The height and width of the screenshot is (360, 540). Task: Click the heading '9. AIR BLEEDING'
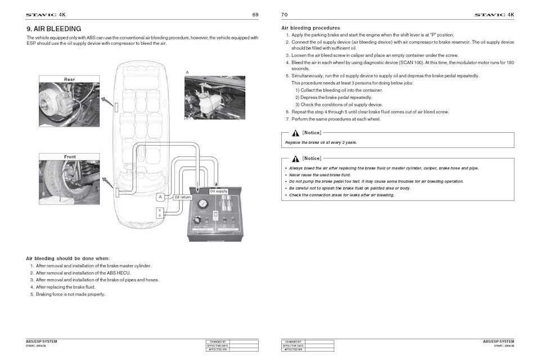pyautogui.click(x=54, y=29)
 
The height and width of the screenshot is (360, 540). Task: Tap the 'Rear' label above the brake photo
pyautogui.click(x=69, y=79)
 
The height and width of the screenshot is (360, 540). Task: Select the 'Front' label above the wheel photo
pyautogui.click(x=69, y=156)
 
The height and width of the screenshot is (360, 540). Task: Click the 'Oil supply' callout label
pyautogui.click(x=218, y=191)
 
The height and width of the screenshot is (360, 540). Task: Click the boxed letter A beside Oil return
pyautogui.click(x=160, y=197)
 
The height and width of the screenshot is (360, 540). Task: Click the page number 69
pyautogui.click(x=255, y=14)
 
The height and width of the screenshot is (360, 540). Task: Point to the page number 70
pyautogui.click(x=284, y=14)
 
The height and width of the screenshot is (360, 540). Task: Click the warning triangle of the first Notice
pyautogui.click(x=295, y=133)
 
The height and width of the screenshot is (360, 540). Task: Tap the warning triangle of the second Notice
pyautogui.click(x=295, y=158)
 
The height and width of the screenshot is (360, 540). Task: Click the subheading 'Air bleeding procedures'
pyautogui.click(x=310, y=28)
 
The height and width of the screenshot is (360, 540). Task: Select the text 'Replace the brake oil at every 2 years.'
pyautogui.click(x=321, y=142)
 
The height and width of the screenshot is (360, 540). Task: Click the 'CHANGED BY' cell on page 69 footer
pyautogui.click(x=217, y=341)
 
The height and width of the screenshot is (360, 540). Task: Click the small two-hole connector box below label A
pyautogui.click(x=160, y=213)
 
